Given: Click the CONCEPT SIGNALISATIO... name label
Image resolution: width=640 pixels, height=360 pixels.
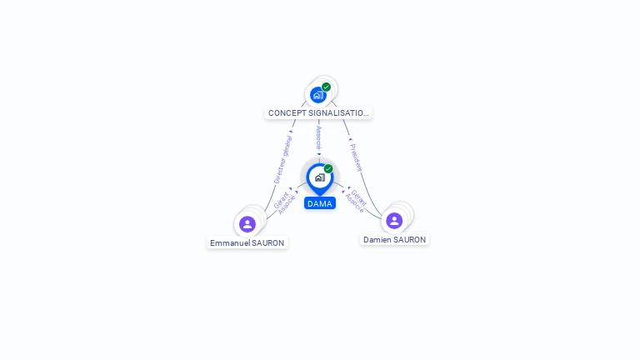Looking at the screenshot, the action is (317, 112).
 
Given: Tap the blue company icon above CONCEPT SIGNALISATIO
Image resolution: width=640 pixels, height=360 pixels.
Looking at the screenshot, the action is (317, 95).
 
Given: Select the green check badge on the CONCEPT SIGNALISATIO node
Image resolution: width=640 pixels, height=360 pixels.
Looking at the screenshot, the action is (326, 87).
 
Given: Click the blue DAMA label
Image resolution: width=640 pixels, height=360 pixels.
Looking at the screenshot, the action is (320, 203).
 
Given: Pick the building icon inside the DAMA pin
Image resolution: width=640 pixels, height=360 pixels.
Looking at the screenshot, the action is (319, 177).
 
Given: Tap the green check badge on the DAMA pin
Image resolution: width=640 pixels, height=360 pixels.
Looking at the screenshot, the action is (328, 168).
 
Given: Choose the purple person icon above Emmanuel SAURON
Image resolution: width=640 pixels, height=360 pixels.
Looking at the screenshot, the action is (247, 224).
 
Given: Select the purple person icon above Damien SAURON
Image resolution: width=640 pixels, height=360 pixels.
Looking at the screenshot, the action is (394, 221).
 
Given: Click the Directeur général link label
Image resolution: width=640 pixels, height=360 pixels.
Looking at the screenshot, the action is (283, 159).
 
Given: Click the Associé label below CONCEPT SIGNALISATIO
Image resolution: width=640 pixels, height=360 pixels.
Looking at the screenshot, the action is (318, 137).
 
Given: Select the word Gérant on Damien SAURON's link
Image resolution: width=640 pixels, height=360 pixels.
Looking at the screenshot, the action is (358, 197).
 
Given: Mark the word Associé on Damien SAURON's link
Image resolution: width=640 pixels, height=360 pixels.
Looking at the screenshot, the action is (353, 203).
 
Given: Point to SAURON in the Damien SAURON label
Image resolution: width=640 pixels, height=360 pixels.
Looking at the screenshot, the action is (411, 240).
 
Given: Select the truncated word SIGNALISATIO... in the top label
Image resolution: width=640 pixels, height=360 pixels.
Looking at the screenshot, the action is (338, 112).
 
